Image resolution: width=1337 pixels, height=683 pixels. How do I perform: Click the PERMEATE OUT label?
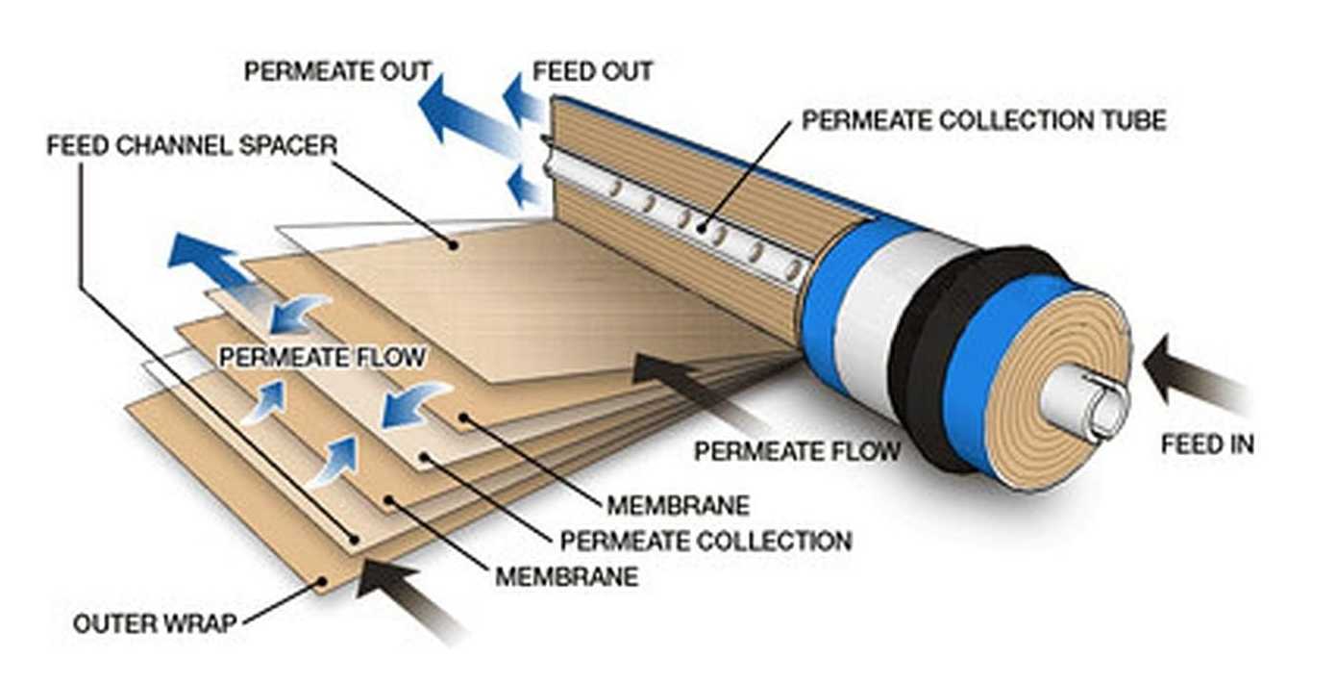point(337,72)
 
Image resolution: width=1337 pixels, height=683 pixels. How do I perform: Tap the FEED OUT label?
point(592,72)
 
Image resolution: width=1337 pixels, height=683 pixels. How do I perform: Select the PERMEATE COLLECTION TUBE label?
point(983,120)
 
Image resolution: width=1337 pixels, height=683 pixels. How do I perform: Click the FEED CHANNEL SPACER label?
point(192,146)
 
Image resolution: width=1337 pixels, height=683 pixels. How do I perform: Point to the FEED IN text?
point(1206,444)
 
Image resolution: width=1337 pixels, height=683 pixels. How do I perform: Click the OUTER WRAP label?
point(155,623)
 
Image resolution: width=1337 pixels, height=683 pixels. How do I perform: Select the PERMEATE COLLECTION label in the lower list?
point(706,541)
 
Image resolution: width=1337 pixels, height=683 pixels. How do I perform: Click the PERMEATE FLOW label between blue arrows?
point(322,357)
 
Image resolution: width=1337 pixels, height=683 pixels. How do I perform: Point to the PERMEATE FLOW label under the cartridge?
point(797,450)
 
